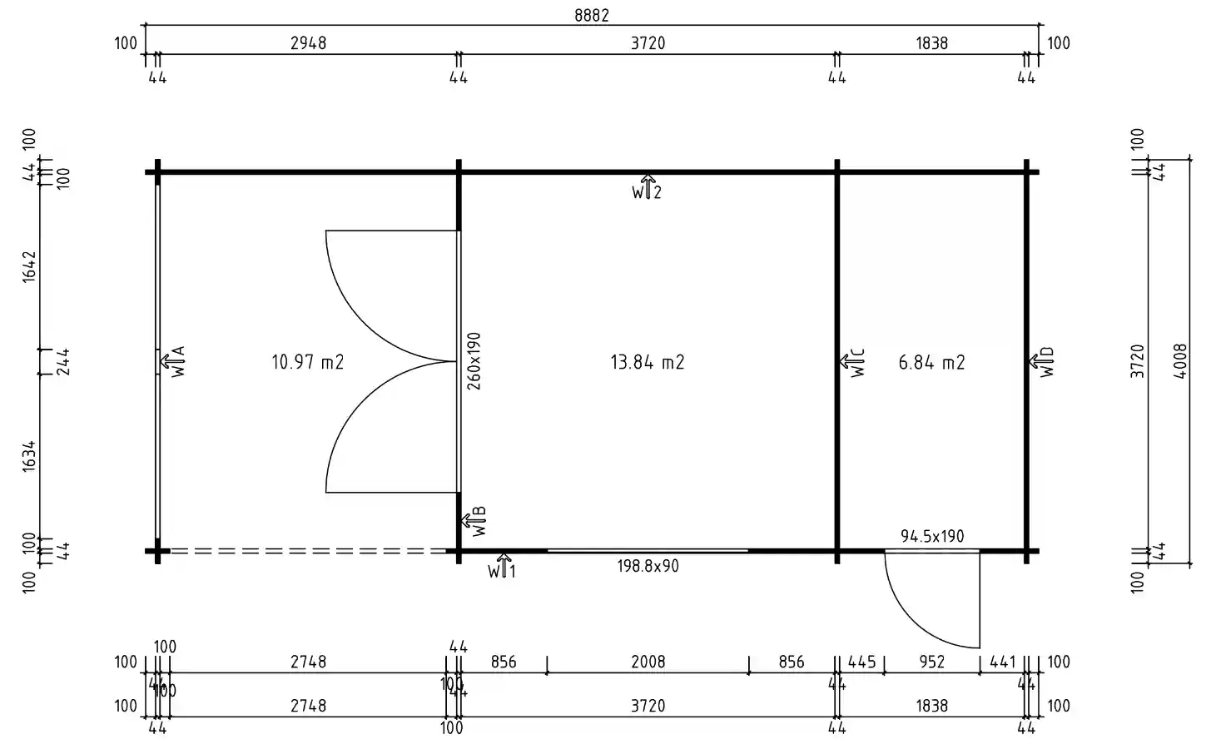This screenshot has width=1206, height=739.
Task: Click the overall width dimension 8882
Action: coord(591,16)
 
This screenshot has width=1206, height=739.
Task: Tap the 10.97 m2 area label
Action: coord(307,362)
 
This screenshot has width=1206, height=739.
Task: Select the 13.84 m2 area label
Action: coord(647,362)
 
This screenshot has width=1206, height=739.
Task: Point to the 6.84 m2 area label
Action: coord(931,362)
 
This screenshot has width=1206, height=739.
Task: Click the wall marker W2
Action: coord(647,188)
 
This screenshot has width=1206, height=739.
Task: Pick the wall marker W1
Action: coord(502,567)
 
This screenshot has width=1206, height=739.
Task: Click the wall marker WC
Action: coord(853,362)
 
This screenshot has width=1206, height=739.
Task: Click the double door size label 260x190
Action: coord(474,362)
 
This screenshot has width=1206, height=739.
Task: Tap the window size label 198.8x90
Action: coord(648,566)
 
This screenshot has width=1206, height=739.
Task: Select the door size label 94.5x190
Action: coord(932,536)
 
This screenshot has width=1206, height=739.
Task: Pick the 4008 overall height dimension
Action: coord(1180,362)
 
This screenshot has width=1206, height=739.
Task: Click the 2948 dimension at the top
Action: coord(308,43)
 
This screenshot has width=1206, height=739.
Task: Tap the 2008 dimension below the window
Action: coord(648,662)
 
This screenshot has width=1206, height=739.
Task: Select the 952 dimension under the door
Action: coord(931,662)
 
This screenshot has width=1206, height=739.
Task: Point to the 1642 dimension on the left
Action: coord(30,265)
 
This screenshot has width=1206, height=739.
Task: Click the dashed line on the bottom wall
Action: coord(308,551)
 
